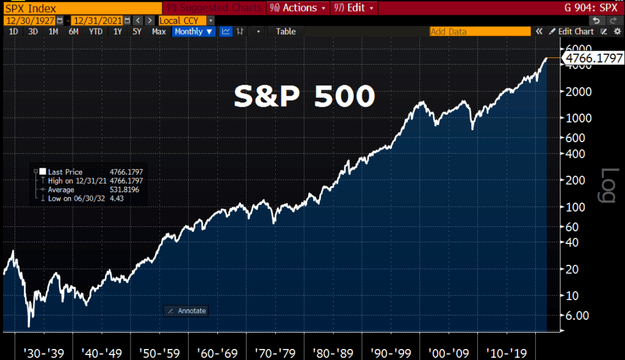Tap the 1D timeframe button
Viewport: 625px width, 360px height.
point(13,31)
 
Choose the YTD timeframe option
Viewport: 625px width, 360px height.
point(95,31)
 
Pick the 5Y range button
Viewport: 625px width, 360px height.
point(137,31)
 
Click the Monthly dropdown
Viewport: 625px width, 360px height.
point(193,31)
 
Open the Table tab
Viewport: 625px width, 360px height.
point(286,31)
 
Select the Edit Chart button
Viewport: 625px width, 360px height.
point(571,31)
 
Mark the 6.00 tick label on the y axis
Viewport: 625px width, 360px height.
point(577,315)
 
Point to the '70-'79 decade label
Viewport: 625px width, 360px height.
point(278,353)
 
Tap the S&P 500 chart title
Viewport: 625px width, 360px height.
point(304,96)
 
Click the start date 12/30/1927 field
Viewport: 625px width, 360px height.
point(29,20)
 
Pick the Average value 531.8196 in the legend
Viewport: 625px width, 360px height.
point(125,190)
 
